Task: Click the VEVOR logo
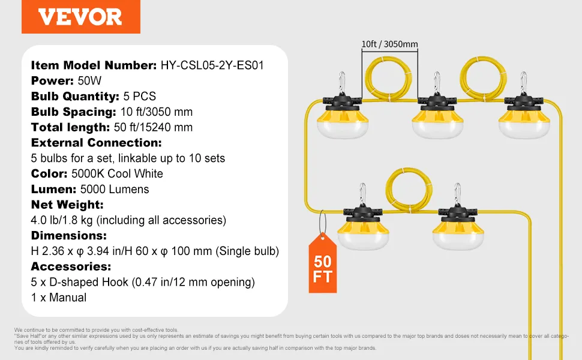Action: click(80, 17)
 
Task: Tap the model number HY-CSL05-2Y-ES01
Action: click(212, 65)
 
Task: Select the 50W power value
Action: click(89, 80)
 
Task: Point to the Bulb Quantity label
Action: click(75, 96)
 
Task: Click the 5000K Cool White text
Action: click(117, 173)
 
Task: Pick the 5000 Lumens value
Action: click(115, 189)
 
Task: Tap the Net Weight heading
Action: click(67, 205)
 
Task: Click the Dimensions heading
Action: click(68, 236)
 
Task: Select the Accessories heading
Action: click(71, 266)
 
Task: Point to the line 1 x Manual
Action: click(59, 298)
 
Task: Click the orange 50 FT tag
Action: click(323, 263)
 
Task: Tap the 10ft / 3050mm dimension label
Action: click(390, 44)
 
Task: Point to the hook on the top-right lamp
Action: click(524, 82)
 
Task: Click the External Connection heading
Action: click(97, 143)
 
